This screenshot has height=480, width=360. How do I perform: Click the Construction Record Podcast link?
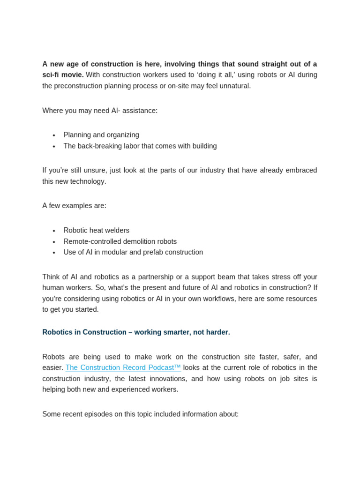(123, 367)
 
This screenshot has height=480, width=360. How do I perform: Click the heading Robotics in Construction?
(136, 332)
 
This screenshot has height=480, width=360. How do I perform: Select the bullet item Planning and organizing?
(101, 135)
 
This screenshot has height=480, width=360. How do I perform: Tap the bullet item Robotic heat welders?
(96, 230)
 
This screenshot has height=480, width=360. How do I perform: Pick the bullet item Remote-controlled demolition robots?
(120, 241)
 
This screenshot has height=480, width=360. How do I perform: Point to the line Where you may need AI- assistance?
(100, 111)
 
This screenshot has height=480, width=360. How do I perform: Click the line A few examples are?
(74, 205)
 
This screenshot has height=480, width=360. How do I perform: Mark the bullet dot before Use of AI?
(54, 253)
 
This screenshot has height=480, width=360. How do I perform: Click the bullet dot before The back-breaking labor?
(54, 146)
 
